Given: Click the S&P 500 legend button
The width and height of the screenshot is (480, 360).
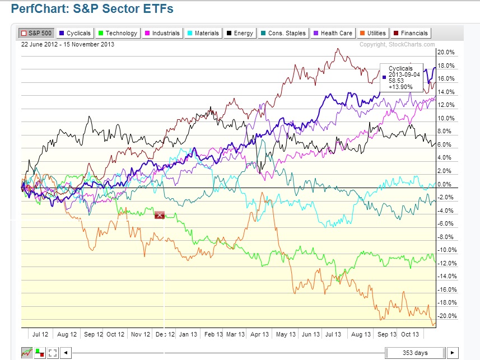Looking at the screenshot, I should [36, 33].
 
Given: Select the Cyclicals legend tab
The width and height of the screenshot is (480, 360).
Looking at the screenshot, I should [75, 33].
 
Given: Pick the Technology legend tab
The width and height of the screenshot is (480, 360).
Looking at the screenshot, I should [117, 33].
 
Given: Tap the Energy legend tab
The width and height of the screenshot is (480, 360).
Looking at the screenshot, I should [240, 33].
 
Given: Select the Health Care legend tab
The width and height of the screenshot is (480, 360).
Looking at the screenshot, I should [333, 33].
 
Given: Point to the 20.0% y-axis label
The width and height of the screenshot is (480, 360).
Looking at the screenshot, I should [446, 53].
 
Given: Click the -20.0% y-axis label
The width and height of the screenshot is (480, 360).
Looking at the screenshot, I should [445, 316].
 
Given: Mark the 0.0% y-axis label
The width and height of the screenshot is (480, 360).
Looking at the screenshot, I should [447, 184].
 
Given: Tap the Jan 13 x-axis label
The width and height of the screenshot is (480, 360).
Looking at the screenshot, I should [188, 334].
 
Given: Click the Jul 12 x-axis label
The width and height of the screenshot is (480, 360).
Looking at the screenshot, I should [40, 334].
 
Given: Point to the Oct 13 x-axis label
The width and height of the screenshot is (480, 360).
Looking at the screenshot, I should [410, 334].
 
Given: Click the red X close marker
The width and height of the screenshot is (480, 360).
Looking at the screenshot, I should [160, 214].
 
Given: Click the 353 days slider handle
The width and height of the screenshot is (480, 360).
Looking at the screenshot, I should [415, 353].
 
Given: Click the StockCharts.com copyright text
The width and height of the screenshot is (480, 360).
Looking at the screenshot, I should [397, 44].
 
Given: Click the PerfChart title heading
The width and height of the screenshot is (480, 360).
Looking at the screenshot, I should [93, 9].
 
